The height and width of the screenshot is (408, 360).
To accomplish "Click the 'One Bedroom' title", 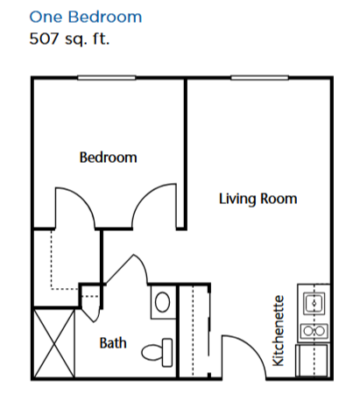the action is [86, 17].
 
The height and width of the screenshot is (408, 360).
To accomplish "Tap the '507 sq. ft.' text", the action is [69, 39].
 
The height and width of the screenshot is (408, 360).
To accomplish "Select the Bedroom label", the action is [108, 158].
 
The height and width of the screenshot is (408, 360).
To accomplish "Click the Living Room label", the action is [258, 199].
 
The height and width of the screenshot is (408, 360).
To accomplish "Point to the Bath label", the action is [113, 343].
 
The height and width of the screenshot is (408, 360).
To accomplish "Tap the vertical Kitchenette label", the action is [278, 331].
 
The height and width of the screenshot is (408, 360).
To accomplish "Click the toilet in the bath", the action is [157, 352].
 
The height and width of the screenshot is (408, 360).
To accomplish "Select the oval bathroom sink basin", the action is [163, 302].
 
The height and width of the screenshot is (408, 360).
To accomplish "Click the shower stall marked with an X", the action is [54, 343].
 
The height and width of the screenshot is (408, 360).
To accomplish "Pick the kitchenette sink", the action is [314, 304].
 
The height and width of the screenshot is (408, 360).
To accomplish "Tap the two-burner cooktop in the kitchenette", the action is [314, 331].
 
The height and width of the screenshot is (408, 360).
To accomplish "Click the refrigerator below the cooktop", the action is [313, 360].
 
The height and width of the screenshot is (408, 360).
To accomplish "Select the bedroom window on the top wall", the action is [107, 78].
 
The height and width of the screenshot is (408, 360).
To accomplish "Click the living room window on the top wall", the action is [259, 78].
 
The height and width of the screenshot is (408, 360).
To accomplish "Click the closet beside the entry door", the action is [194, 331].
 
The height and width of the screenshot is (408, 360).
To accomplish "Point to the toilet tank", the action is [167, 352].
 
